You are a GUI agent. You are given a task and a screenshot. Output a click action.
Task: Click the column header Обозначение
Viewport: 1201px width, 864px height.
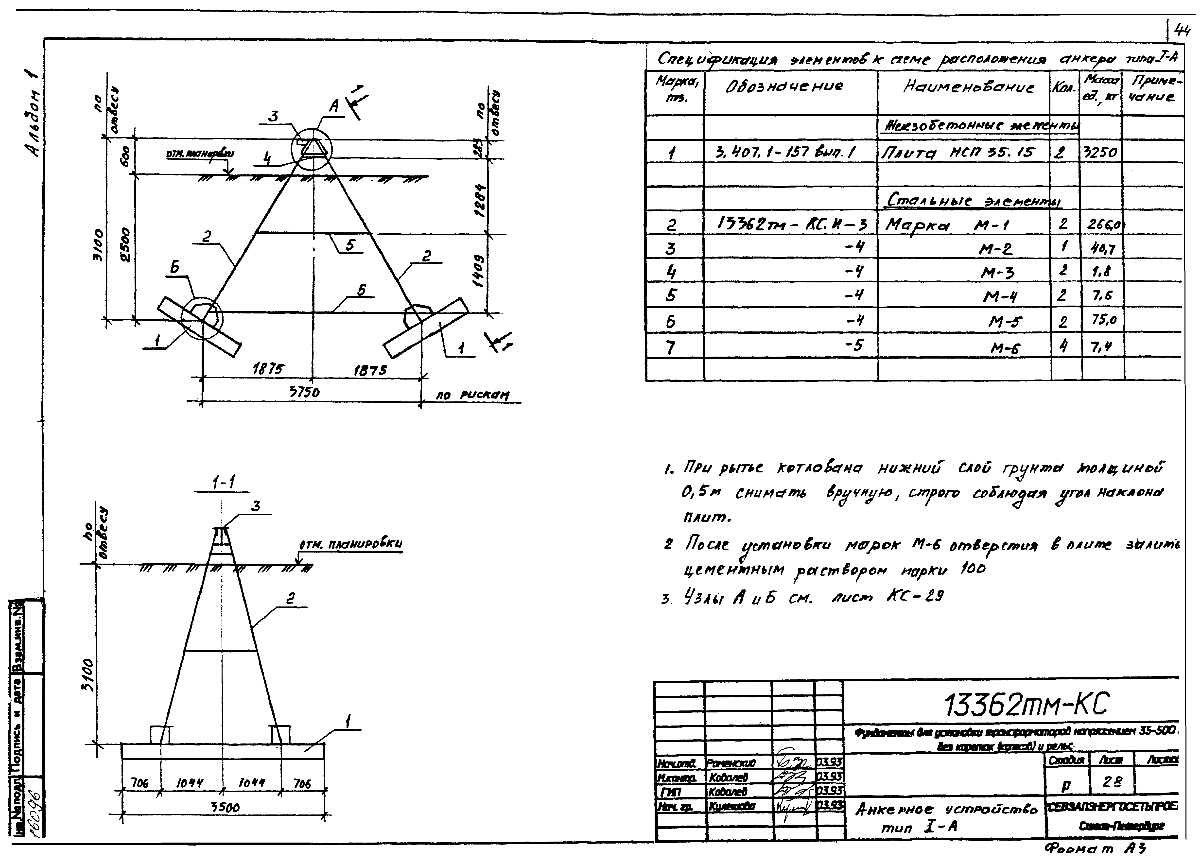point(784,86)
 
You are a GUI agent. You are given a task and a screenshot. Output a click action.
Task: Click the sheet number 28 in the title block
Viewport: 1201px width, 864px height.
point(1111,781)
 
